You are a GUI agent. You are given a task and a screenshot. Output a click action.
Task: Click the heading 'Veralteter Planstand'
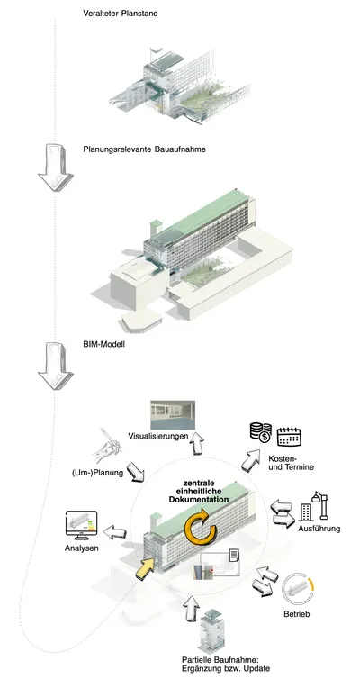(121, 14)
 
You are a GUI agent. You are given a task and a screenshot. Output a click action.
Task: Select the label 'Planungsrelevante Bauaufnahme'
(145, 149)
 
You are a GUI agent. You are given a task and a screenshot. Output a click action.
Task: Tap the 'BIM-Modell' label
(103, 345)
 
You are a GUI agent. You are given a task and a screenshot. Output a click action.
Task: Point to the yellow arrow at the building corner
(146, 567)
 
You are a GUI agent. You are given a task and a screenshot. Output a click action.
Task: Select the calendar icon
(289, 437)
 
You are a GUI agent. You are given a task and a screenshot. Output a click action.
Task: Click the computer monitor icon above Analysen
(81, 525)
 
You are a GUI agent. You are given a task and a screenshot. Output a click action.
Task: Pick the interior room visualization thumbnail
(173, 415)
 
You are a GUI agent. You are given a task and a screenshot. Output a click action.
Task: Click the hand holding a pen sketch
(107, 448)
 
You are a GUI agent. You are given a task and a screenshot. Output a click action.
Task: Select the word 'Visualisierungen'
(157, 436)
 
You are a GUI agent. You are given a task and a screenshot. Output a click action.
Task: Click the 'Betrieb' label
(297, 613)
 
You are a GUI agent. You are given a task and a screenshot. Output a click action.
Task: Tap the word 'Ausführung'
(319, 529)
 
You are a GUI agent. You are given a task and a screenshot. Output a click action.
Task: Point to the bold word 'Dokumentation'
(199, 499)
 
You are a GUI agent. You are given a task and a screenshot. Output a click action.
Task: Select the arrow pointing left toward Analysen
(115, 532)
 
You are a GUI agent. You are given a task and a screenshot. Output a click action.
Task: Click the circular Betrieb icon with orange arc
(297, 591)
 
